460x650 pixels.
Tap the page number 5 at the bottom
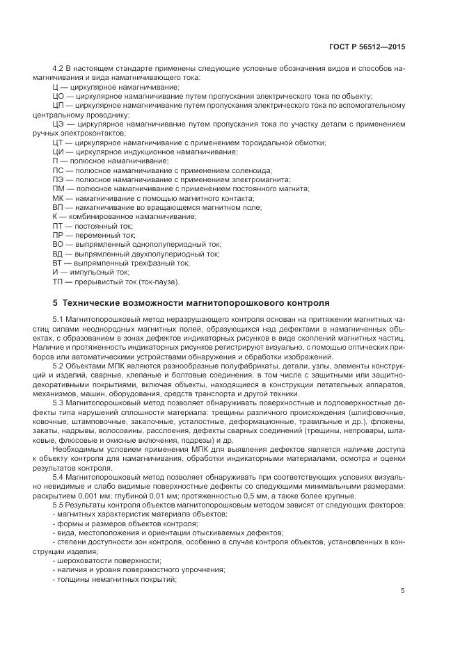403,591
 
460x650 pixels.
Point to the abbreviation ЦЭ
59,124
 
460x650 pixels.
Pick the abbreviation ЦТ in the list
58,142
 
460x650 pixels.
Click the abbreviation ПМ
58,188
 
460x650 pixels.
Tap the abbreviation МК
58,198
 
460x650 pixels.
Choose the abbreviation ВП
58,207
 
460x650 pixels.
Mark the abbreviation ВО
58,245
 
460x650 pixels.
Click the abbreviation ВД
58,254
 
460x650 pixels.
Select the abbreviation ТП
58,282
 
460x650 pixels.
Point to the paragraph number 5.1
59,318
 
